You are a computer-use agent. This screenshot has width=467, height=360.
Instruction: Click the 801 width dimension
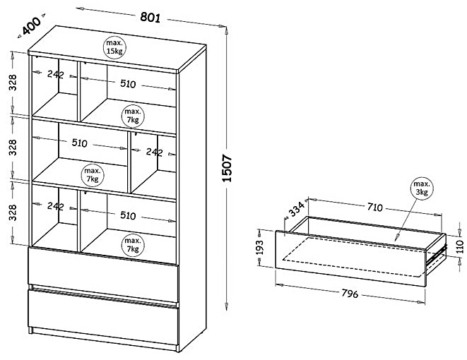(150, 18)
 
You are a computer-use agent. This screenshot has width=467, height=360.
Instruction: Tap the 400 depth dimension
(31, 25)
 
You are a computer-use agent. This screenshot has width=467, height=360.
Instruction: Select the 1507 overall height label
(227, 168)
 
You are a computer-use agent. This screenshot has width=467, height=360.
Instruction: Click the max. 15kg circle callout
(114, 47)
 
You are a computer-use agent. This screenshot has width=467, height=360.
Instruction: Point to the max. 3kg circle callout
(422, 188)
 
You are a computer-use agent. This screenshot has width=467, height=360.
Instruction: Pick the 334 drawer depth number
(297, 209)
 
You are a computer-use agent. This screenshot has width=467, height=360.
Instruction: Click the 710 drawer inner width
(374, 207)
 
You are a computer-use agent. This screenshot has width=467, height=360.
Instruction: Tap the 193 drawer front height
(260, 247)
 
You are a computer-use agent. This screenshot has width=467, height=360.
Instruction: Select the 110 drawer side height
(460, 246)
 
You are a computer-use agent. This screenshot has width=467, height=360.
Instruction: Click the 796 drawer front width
(350, 294)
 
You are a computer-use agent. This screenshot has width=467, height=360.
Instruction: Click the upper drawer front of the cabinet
(103, 274)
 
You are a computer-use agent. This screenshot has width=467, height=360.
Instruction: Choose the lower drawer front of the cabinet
(103, 317)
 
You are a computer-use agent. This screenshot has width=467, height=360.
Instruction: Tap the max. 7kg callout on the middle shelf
(93, 175)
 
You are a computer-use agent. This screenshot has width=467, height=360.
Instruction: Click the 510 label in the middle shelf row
(80, 143)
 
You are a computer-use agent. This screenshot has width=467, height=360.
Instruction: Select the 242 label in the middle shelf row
(154, 152)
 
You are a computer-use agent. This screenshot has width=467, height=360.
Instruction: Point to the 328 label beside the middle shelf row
(13, 148)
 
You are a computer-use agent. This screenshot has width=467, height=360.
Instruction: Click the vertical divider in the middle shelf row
(129, 162)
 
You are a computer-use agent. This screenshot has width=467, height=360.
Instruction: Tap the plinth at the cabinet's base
(105, 339)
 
